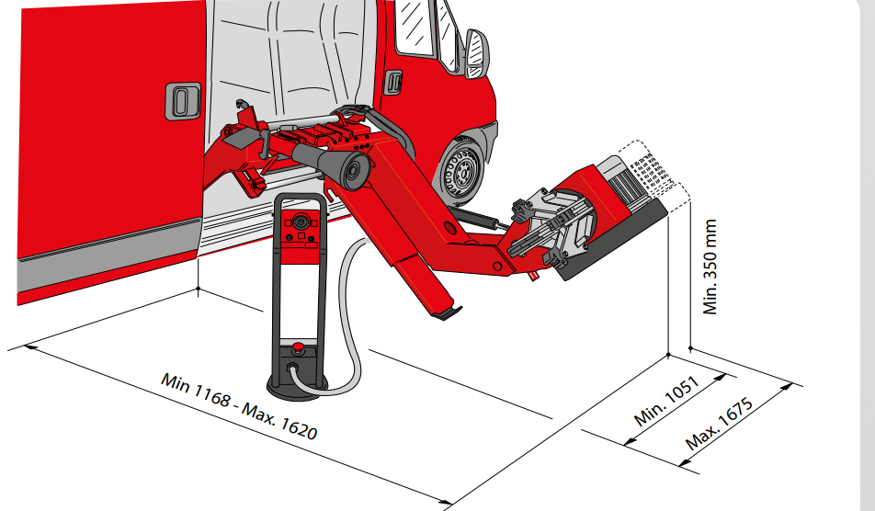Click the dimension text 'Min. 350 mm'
point(710,267)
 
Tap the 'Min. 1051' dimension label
point(666,401)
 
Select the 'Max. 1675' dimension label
point(720,424)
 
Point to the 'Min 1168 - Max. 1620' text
point(239,405)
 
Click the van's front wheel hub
point(462,175)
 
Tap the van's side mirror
point(476,54)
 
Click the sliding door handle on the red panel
point(183,101)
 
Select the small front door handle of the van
point(393,83)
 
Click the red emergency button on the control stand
point(299,348)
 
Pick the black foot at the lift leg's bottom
point(447,314)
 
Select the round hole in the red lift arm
point(449,227)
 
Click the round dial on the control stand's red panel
point(301,221)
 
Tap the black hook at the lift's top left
point(241,104)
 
